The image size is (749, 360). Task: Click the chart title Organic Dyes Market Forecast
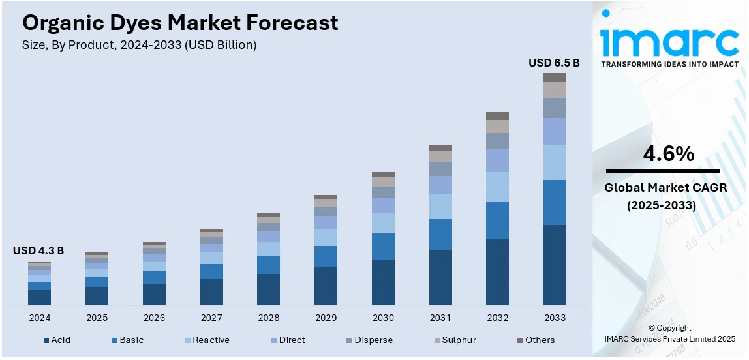coord(180,23)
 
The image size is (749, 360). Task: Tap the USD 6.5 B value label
coord(553,63)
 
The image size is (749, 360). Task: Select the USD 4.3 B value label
coord(38,250)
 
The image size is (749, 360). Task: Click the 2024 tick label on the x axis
coord(39,318)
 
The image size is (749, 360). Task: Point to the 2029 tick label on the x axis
coord(326,318)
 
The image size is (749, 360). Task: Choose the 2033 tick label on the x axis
coord(555,318)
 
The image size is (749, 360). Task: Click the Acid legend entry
coord(57,340)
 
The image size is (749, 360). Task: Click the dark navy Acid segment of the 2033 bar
coord(555,265)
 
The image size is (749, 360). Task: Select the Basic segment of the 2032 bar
coord(497,220)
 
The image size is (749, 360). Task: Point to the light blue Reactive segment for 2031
coord(440,207)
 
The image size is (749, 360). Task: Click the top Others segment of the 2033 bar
coord(555,78)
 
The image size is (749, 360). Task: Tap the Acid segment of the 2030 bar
coord(383,282)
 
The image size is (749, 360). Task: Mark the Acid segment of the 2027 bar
coord(211,292)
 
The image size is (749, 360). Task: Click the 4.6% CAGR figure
coord(669,155)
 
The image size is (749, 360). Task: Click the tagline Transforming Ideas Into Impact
coord(669,64)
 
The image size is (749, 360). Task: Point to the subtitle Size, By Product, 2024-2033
coord(139,45)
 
